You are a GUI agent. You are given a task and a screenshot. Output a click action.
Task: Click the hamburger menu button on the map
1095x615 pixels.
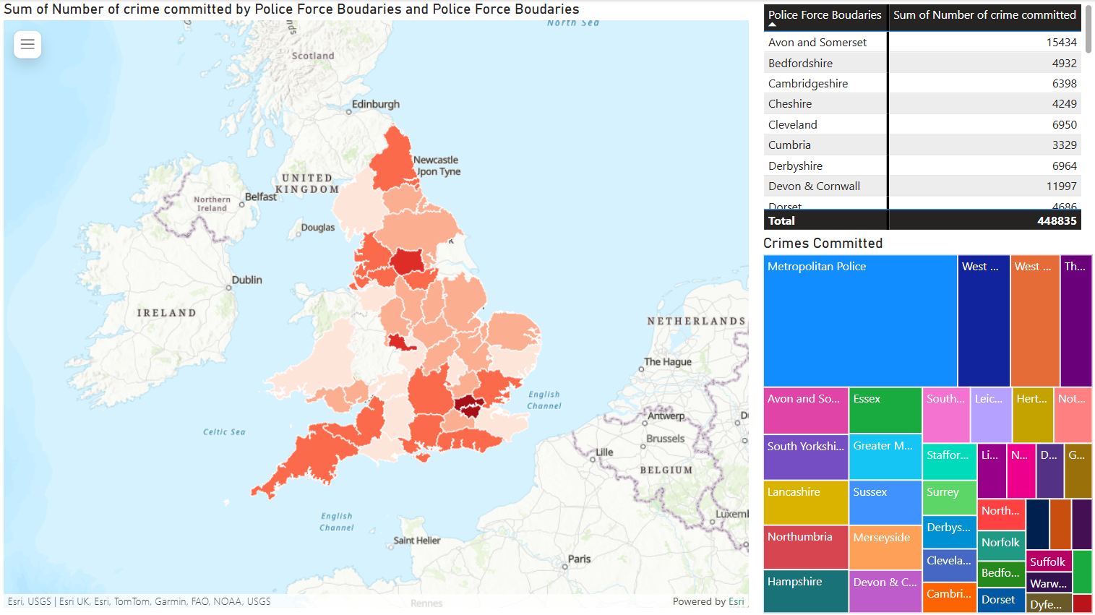(27, 45)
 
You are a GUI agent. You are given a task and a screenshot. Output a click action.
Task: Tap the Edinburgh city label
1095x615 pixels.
(375, 104)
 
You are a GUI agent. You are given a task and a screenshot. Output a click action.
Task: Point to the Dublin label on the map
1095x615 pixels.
(246, 280)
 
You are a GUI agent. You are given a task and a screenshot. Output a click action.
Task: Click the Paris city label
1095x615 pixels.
(579, 559)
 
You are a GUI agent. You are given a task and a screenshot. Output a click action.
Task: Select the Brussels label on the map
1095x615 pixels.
(665, 439)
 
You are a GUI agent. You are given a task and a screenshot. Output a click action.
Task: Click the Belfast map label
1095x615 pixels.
(260, 197)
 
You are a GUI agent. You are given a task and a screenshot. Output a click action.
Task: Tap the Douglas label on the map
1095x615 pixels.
(317, 227)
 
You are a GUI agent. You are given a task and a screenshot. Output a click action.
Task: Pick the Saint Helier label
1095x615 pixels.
(416, 541)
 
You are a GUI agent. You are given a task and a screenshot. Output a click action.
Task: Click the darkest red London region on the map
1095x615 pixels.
(469, 406)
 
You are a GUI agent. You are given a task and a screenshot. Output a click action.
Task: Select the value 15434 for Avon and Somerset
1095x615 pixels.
(1061, 43)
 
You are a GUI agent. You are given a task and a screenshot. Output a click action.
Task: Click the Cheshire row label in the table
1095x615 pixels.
(790, 104)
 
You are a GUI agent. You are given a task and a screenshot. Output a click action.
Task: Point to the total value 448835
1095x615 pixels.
(1056, 221)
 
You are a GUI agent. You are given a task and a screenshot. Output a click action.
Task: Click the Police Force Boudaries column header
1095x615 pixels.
(825, 15)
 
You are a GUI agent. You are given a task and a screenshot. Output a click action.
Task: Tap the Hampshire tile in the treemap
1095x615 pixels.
(805, 590)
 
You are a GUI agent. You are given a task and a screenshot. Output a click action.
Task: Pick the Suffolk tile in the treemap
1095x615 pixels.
(1047, 562)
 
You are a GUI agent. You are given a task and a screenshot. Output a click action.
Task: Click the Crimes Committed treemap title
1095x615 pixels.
(823, 244)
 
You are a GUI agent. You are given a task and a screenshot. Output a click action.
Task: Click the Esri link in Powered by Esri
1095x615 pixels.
(736, 601)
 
